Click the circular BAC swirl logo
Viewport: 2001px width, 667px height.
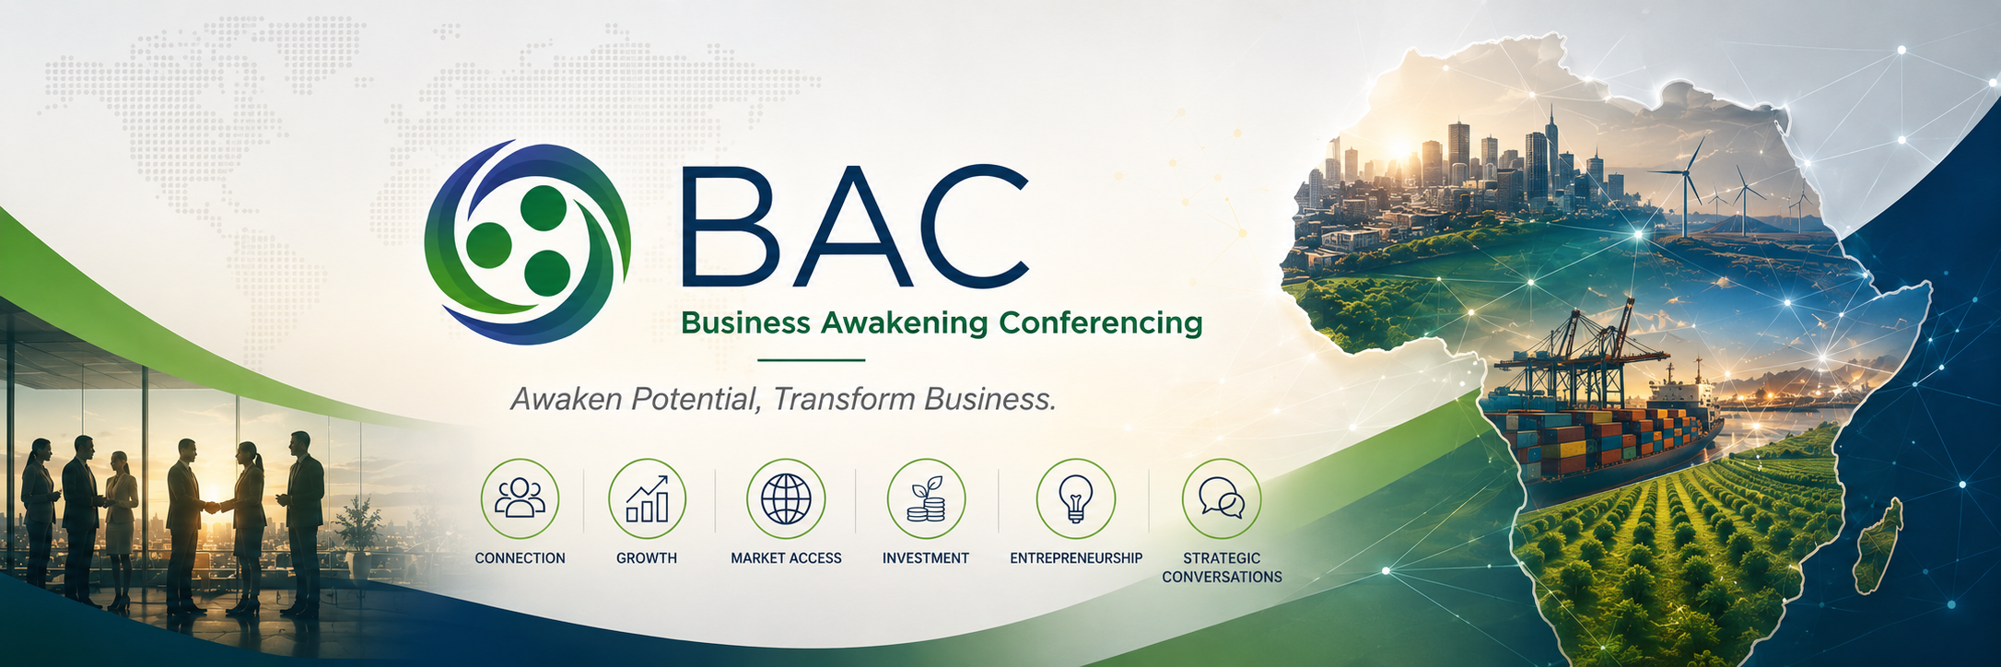528,242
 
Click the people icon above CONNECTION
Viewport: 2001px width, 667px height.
520,498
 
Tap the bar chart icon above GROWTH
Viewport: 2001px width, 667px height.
647,498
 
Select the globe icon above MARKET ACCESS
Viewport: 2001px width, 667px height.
786,498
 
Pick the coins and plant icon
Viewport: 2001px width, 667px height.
926,498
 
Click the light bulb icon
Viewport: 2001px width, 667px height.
1075,498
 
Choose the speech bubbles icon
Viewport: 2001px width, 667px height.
1222,498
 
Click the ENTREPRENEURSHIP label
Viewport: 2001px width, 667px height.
1076,558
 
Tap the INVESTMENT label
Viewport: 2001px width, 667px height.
926,558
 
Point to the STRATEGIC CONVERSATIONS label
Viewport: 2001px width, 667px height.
1222,568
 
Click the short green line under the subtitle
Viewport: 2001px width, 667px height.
811,360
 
